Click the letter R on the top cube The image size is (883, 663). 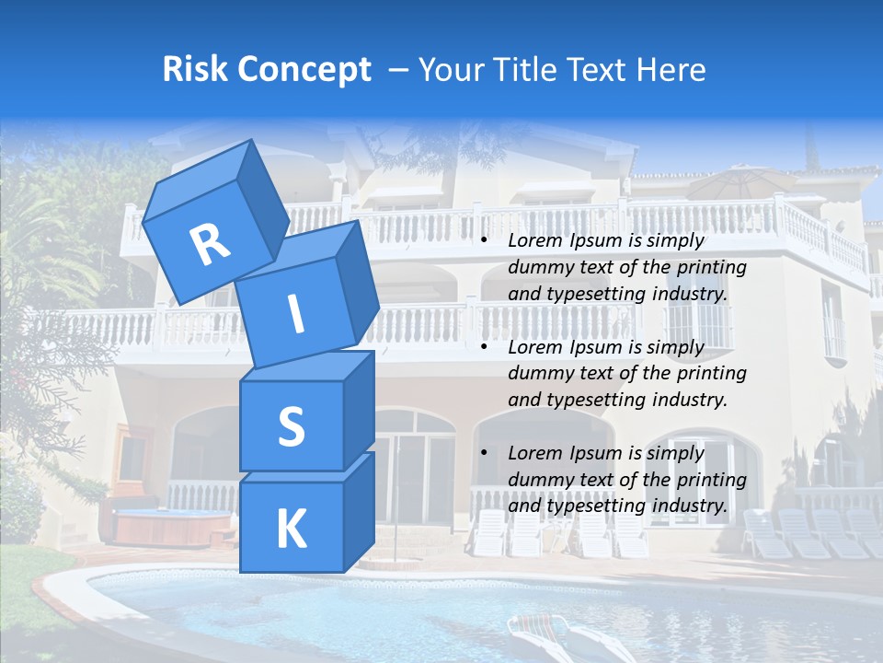pyautogui.click(x=210, y=244)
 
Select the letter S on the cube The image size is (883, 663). pyautogui.click(x=291, y=426)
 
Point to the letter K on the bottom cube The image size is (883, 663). pyautogui.click(x=291, y=529)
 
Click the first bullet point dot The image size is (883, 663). pyautogui.click(x=484, y=241)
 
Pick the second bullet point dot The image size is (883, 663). pyautogui.click(x=484, y=348)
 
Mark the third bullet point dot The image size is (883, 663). pyautogui.click(x=484, y=454)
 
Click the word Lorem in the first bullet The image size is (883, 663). pyautogui.click(x=535, y=241)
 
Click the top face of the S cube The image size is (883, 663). pyautogui.click(x=307, y=366)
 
